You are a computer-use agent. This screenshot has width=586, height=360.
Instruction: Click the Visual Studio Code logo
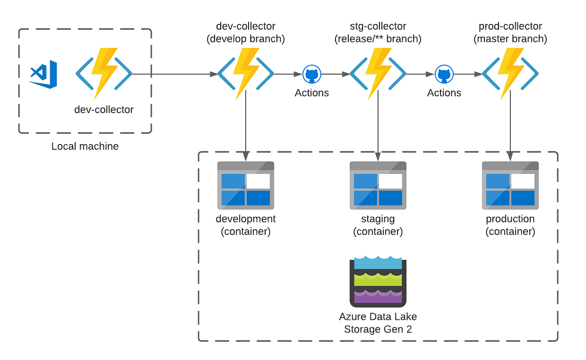pyautogui.click(x=43, y=74)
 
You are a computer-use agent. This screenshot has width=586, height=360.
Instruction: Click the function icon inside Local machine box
pyautogui.click(x=104, y=74)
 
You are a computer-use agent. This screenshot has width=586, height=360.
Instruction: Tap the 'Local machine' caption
pyautogui.click(x=85, y=146)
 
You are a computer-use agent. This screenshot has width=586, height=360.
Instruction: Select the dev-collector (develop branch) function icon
pyautogui.click(x=245, y=74)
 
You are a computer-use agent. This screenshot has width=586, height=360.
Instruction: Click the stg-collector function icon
pyautogui.click(x=378, y=74)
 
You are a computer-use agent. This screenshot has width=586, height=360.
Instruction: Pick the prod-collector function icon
pyautogui.click(x=510, y=74)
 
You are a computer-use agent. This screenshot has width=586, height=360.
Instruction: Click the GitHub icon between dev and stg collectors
pyautogui.click(x=312, y=75)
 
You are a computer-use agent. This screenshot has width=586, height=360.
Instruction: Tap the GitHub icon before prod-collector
pyautogui.click(x=444, y=75)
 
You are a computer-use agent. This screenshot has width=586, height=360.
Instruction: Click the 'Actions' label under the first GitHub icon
pyautogui.click(x=312, y=93)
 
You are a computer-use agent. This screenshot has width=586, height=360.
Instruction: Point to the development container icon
pyautogui.click(x=246, y=185)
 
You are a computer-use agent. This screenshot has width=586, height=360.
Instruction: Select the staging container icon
pyautogui.click(x=378, y=185)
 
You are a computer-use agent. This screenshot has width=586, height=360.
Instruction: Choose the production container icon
pyautogui.click(x=510, y=185)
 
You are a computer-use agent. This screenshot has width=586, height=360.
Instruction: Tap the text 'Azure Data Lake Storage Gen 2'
pyautogui.click(x=378, y=323)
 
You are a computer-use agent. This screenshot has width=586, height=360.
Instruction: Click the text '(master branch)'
pyautogui.click(x=510, y=39)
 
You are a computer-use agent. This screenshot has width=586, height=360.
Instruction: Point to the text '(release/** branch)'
pyautogui.click(x=378, y=39)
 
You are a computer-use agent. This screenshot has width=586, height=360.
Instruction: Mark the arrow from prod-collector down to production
pyautogui.click(x=510, y=127)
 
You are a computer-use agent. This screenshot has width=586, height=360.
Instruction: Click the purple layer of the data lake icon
pyautogui.click(x=378, y=296)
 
